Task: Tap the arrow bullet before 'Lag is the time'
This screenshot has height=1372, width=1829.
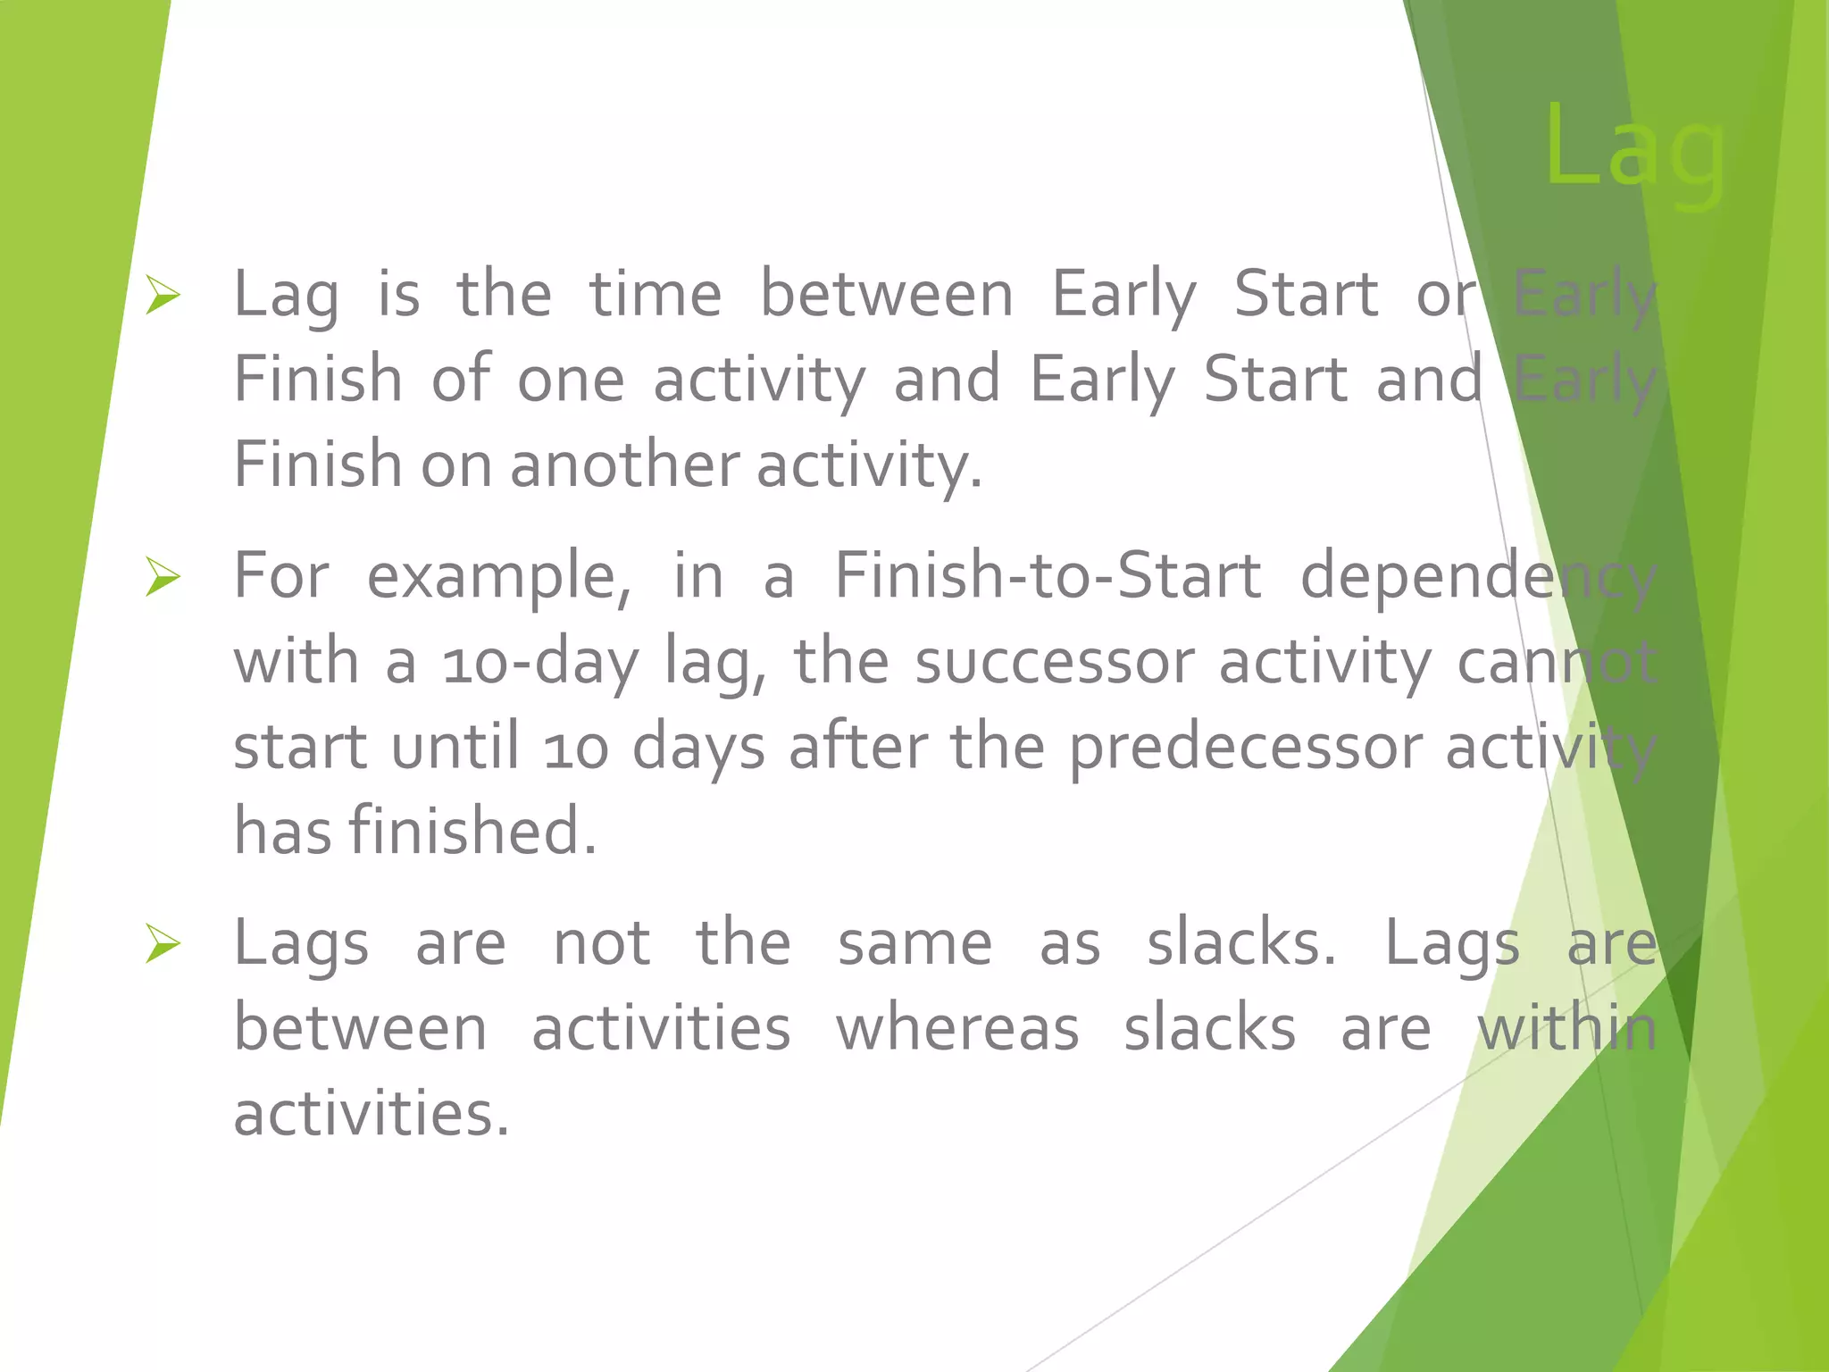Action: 163,296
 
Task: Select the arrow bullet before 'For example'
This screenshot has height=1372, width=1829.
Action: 163,577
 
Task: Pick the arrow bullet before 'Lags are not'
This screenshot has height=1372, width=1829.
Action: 163,944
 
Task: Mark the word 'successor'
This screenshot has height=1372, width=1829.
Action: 1054,663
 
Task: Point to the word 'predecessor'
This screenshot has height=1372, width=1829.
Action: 1246,748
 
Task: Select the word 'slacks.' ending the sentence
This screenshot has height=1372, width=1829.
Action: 1241,943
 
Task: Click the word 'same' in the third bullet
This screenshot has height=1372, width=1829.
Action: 914,944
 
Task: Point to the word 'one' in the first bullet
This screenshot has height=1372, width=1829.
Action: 572,380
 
